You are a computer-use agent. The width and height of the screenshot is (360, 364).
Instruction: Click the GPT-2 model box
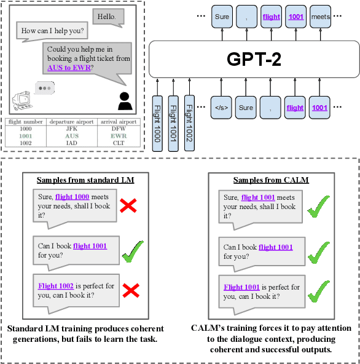point(254,59)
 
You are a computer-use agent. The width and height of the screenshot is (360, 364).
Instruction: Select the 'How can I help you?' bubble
point(53,30)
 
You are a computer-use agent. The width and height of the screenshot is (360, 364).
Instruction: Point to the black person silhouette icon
point(125,100)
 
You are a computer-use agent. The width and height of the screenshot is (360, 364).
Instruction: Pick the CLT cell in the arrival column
point(119,143)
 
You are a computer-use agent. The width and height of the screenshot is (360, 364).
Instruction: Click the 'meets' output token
point(320,17)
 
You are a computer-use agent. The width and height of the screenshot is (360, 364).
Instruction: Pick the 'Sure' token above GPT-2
point(222,17)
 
